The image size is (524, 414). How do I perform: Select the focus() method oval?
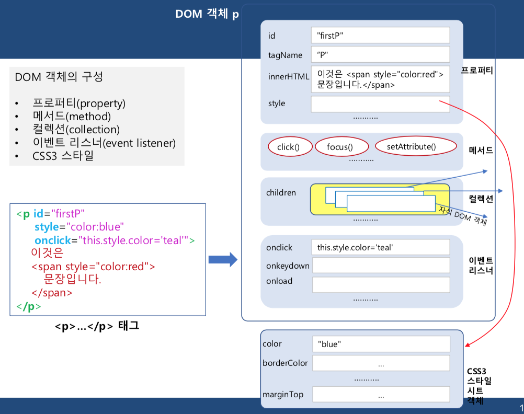click(x=340, y=147)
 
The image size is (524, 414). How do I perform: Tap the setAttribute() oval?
click(x=412, y=146)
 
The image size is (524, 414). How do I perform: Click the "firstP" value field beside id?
click(x=380, y=36)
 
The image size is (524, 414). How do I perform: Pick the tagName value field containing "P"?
click(x=380, y=54)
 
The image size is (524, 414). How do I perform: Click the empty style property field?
click(x=380, y=103)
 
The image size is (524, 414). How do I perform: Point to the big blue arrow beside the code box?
click(x=223, y=260)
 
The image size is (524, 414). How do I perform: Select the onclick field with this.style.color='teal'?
click(x=381, y=247)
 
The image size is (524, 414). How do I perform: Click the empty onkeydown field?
click(x=381, y=266)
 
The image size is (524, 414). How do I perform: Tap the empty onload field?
click(x=381, y=284)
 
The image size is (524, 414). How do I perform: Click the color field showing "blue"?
click(x=381, y=344)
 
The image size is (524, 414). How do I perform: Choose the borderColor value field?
click(x=381, y=363)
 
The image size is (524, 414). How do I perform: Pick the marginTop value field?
click(x=381, y=395)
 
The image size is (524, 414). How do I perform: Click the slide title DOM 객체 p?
click(x=207, y=14)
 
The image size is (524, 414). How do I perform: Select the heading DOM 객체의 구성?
click(x=59, y=77)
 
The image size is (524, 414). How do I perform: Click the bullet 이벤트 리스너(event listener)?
click(x=104, y=143)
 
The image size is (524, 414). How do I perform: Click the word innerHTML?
click(x=289, y=76)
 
